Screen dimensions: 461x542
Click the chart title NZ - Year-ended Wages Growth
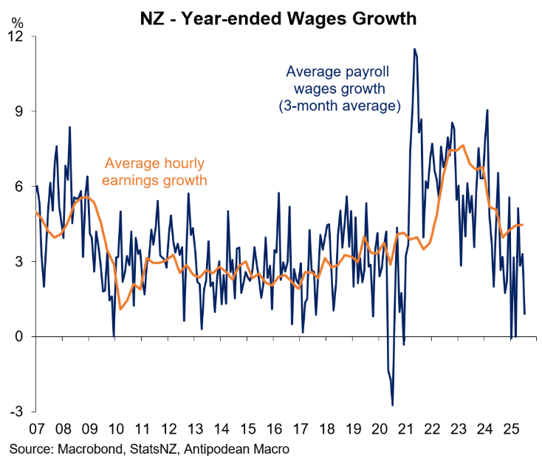(x=278, y=16)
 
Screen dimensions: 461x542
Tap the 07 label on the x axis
(x=36, y=429)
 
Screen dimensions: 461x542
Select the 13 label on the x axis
(x=195, y=429)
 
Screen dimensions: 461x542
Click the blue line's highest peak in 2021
(x=414, y=49)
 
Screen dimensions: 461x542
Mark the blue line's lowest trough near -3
(x=392, y=405)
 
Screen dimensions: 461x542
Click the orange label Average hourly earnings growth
(x=155, y=171)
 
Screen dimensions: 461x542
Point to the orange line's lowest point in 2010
(x=120, y=309)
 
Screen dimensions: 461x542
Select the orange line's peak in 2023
(x=462, y=146)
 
